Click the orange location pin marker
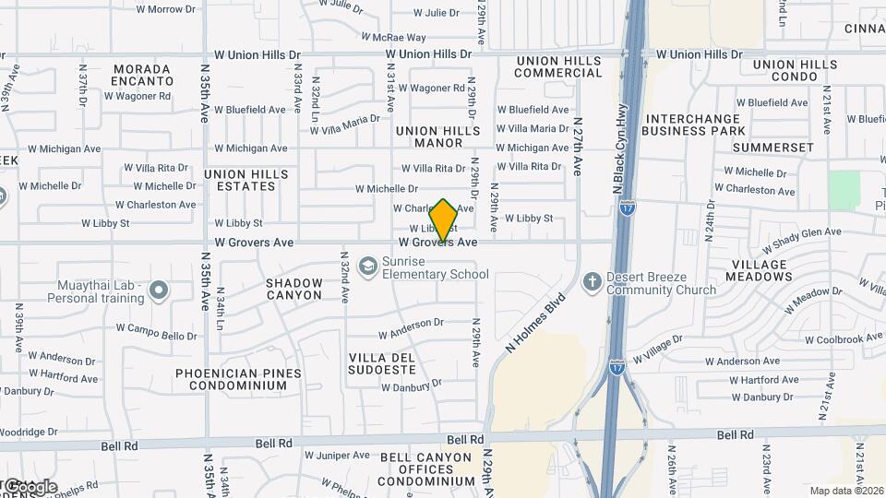point(443,219)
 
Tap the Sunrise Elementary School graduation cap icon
point(369,267)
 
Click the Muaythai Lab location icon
point(159,291)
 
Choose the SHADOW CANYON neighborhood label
point(294,289)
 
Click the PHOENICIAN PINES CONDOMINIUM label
point(239,379)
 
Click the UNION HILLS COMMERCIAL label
point(559,66)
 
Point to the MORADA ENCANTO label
point(142,75)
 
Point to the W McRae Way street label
point(393,38)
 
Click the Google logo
point(30,486)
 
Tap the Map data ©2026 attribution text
point(845,491)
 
